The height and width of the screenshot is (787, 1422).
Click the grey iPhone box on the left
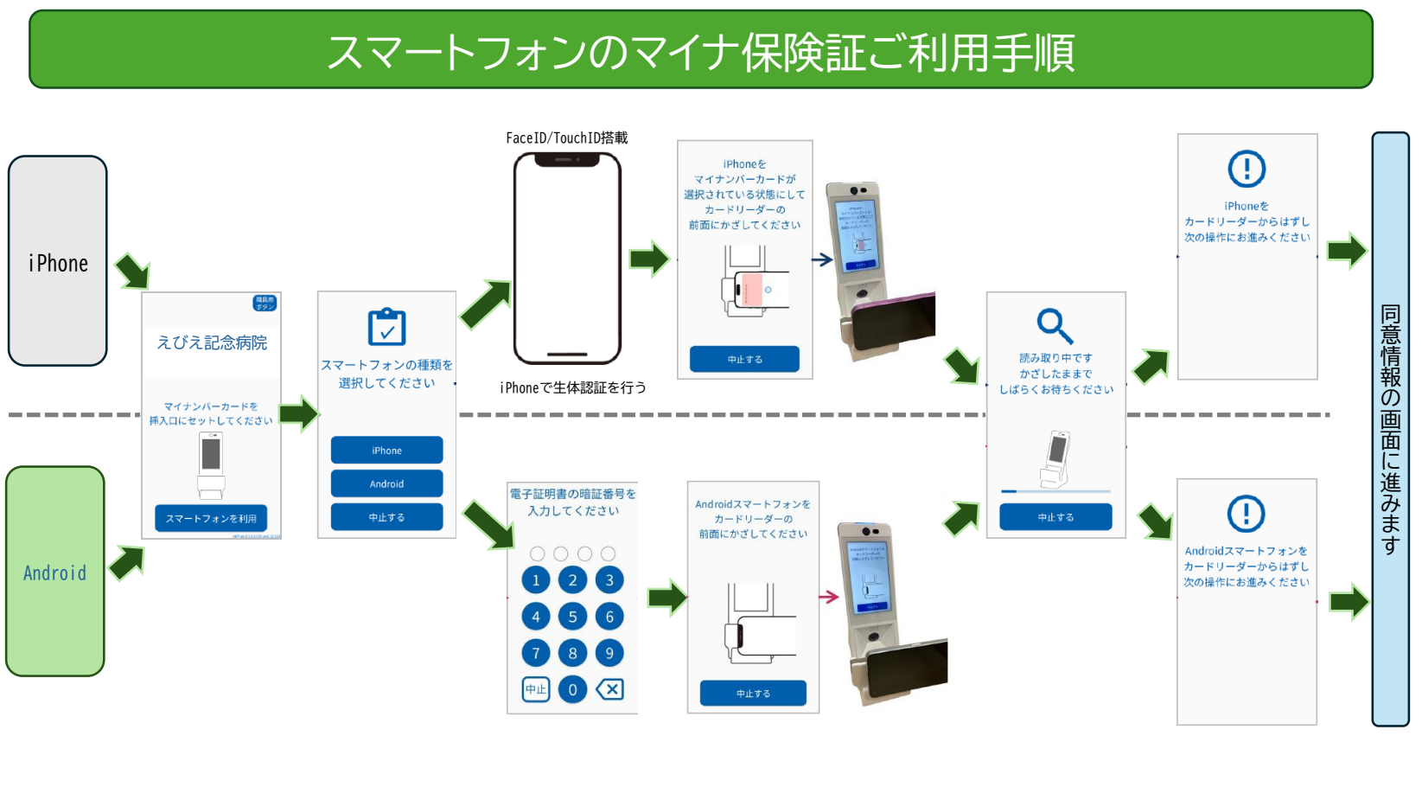tap(58, 261)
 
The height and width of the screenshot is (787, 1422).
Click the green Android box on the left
tap(55, 572)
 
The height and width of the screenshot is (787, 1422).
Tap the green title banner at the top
tap(700, 50)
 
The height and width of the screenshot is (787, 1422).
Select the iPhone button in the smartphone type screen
tap(386, 451)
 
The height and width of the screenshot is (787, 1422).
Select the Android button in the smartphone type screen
tap(386, 483)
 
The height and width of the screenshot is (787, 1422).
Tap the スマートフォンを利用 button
tap(211, 518)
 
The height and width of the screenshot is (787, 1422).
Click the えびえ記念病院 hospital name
tap(212, 343)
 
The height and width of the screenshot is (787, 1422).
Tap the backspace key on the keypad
tap(609, 689)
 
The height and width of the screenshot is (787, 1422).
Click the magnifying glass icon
tap(1055, 326)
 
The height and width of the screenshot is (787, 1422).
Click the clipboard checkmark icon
tap(386, 327)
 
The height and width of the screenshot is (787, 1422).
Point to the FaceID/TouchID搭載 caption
tap(567, 138)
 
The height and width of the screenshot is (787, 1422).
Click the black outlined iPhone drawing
tap(567, 259)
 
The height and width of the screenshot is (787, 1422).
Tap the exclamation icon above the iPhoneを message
tap(1247, 169)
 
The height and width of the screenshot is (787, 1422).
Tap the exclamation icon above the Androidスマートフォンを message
tap(1246, 514)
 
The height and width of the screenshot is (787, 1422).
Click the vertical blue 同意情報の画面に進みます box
tap(1390, 429)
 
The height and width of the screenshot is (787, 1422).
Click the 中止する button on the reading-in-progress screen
tap(1055, 517)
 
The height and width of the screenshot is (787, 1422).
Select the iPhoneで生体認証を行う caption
tap(572, 387)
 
